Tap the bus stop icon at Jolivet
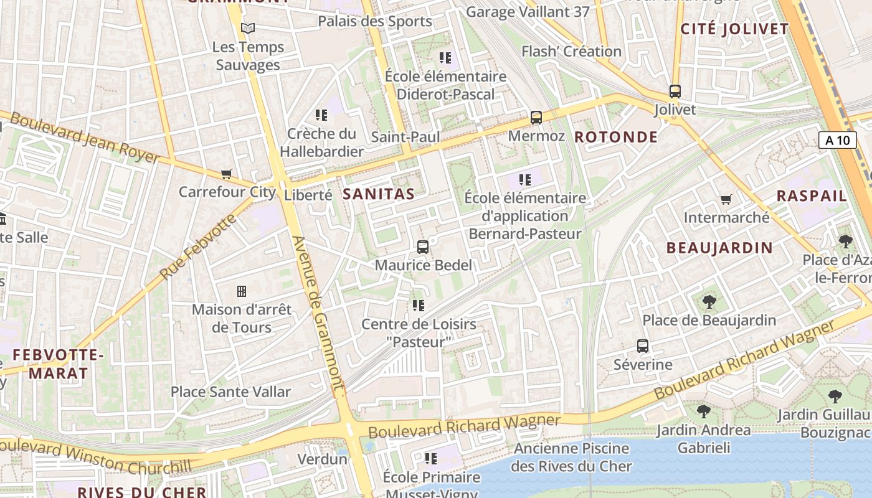point(675,92)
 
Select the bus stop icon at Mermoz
point(536,117)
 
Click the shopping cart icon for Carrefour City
point(226,174)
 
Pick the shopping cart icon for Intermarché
point(726,199)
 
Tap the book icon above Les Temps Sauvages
point(248,29)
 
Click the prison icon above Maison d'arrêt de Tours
point(242,291)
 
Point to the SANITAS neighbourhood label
point(379,194)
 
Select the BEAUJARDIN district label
point(719,248)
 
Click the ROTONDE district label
point(616,137)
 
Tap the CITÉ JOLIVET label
point(734,29)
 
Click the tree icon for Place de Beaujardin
point(709,303)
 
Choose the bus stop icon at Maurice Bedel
point(423,247)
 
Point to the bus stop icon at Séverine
point(643,346)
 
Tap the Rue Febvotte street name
point(198,247)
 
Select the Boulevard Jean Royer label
point(84,138)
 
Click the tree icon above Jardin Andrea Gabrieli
point(703,411)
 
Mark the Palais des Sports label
point(374,21)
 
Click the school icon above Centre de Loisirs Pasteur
point(418,306)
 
